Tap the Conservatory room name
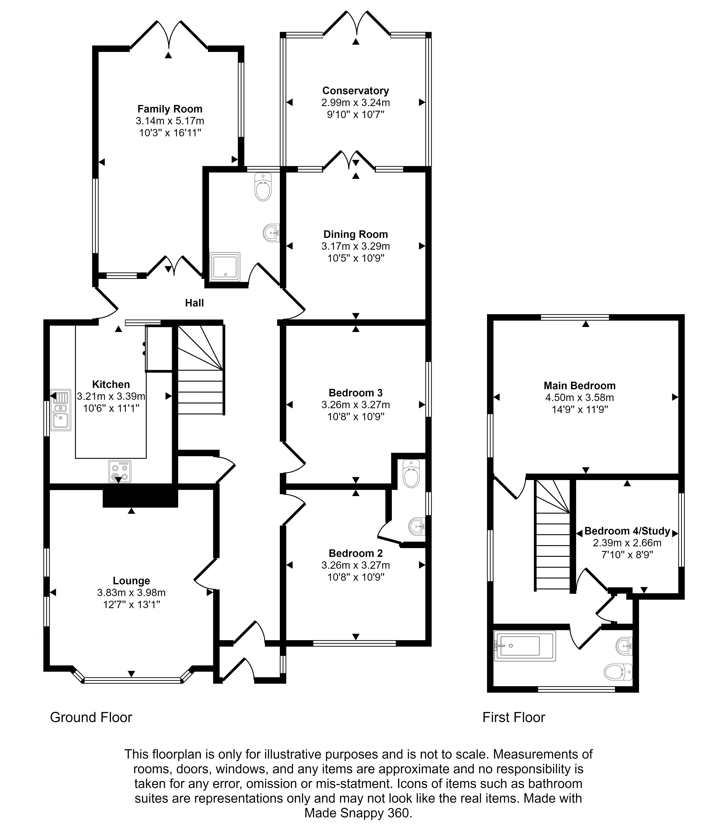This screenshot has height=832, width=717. pyautogui.click(x=355, y=91)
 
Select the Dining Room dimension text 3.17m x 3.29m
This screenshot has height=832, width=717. pyautogui.click(x=355, y=246)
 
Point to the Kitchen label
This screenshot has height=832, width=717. pyautogui.click(x=111, y=384)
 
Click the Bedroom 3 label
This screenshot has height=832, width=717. pyautogui.click(x=355, y=393)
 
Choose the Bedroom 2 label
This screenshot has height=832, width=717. pyautogui.click(x=355, y=553)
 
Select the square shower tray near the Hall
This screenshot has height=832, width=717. pyautogui.click(x=225, y=267)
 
